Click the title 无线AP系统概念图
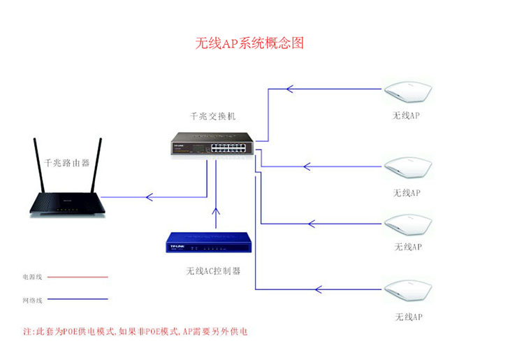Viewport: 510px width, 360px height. tap(249, 44)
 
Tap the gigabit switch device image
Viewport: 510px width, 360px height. tap(212, 145)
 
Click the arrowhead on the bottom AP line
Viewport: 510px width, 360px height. tap(319, 289)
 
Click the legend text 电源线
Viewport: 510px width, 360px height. tap(32, 277)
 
